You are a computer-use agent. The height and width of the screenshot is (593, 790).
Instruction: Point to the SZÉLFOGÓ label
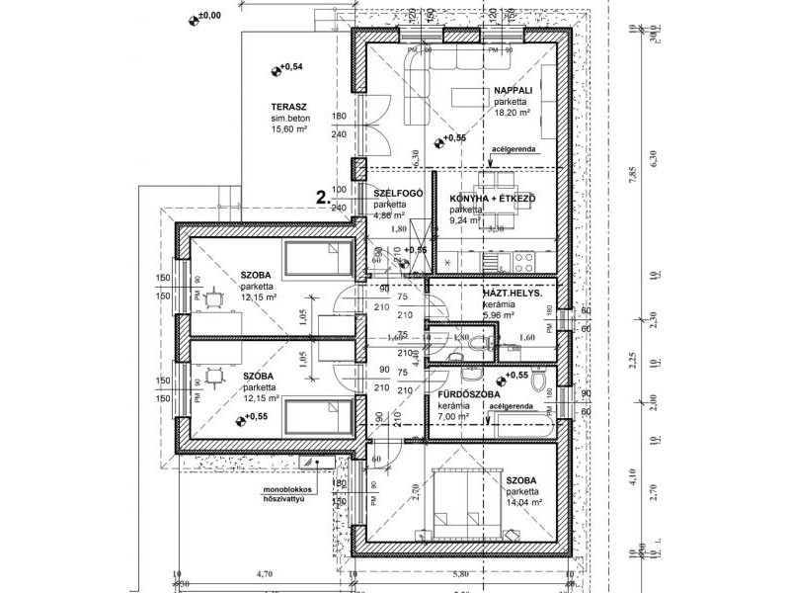[399, 192]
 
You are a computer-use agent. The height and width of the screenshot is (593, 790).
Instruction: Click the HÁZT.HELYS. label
[508, 293]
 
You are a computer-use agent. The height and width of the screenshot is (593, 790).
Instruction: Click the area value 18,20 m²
[513, 114]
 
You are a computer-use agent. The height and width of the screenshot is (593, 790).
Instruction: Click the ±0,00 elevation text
[210, 16]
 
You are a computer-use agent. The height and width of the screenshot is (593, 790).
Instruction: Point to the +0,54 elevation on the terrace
[290, 67]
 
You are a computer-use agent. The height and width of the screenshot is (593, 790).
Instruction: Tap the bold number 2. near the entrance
[322, 197]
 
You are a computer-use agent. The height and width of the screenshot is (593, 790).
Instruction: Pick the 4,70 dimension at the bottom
[264, 573]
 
